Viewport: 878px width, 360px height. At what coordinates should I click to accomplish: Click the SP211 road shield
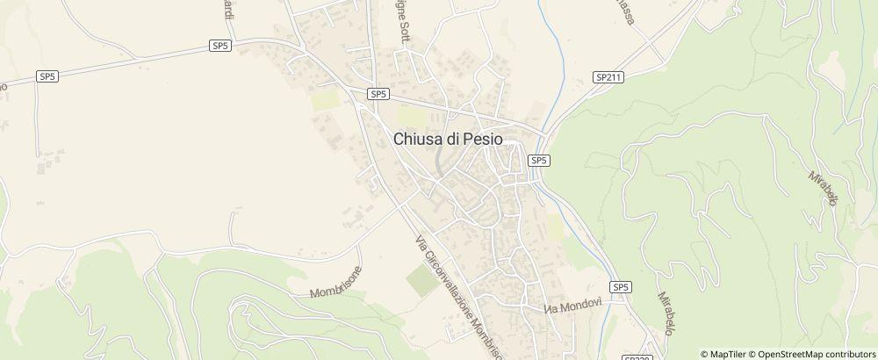(x=608, y=77)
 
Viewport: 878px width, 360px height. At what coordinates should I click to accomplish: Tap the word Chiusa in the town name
(x=420, y=138)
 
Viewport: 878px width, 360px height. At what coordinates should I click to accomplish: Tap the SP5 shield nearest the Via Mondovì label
(x=621, y=287)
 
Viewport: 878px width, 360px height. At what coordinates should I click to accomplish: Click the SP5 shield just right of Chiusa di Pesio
(x=539, y=161)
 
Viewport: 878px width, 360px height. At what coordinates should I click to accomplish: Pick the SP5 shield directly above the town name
(x=378, y=94)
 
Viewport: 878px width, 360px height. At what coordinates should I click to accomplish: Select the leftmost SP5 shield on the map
(x=47, y=76)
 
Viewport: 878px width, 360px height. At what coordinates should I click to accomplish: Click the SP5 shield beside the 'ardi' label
(x=220, y=45)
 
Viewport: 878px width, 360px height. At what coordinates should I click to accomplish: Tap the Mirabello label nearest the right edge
(x=824, y=188)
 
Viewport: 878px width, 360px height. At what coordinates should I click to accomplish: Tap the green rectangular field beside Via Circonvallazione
(x=421, y=278)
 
